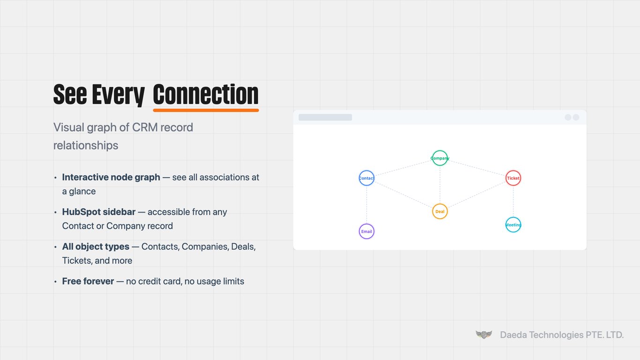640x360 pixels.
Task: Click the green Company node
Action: coord(440,158)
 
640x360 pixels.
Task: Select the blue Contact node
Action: coord(366,178)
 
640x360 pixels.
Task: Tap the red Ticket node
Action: coord(513,178)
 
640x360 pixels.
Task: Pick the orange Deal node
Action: coord(440,211)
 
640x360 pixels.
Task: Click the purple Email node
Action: coord(366,232)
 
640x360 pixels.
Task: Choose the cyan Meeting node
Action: coord(513,225)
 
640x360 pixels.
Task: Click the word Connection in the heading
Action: coord(206,94)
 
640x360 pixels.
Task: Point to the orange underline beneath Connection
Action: coord(206,110)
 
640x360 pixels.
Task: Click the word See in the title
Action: coord(70,94)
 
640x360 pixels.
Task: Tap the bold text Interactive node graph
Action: coord(111,177)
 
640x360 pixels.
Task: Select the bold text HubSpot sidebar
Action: coord(98,212)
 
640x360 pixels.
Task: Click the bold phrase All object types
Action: coord(96,247)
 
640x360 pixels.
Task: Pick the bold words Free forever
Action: coord(88,281)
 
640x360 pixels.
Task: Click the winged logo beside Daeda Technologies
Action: coord(484,335)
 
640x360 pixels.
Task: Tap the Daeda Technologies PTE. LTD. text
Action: coord(562,335)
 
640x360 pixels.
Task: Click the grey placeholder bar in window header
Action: coord(325,117)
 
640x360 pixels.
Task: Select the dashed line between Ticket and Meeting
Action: coord(513,202)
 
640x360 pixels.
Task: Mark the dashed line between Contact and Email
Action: coord(366,205)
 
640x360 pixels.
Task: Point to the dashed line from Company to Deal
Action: coord(440,185)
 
